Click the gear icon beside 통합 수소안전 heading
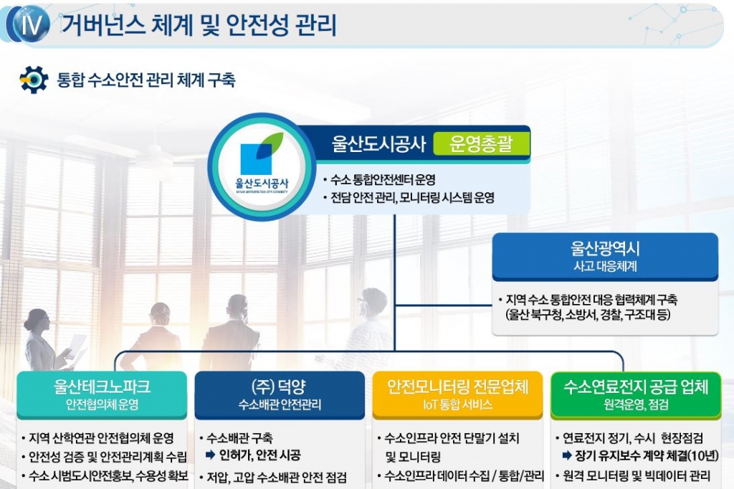[x=33, y=80]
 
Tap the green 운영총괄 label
[x=481, y=145]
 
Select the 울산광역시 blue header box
[x=605, y=256]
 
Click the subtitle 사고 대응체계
[x=605, y=266]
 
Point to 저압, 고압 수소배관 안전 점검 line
[x=277, y=476]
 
